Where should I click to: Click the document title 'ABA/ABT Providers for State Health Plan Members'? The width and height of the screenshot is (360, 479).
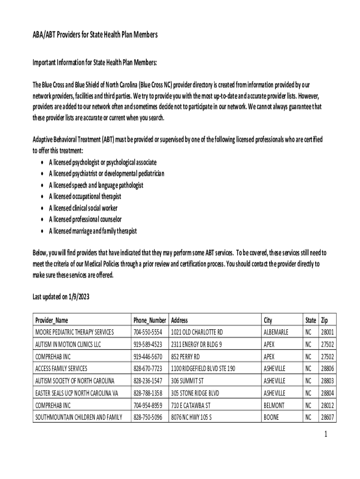pos(95,35)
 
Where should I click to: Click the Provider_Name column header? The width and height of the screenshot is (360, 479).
pos(52,320)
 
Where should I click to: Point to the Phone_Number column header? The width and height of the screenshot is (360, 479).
pos(150,320)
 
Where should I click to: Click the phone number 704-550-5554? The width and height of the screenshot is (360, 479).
pos(148,332)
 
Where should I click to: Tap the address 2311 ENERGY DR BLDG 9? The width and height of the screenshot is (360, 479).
pos(196,344)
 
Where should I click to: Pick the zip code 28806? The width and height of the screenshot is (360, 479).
pos(327,369)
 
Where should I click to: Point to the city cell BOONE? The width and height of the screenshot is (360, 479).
pos(272,417)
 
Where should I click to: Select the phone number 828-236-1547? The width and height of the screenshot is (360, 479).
pos(148,381)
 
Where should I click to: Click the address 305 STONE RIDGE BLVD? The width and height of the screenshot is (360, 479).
pos(195,393)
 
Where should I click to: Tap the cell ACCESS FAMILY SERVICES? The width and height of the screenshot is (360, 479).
pos(61,369)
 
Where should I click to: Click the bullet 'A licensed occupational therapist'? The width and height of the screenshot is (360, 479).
pos(85,197)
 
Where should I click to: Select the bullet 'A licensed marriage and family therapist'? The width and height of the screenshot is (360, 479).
pos(93,231)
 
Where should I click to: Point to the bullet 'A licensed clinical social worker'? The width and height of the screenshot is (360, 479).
pos(83,208)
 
